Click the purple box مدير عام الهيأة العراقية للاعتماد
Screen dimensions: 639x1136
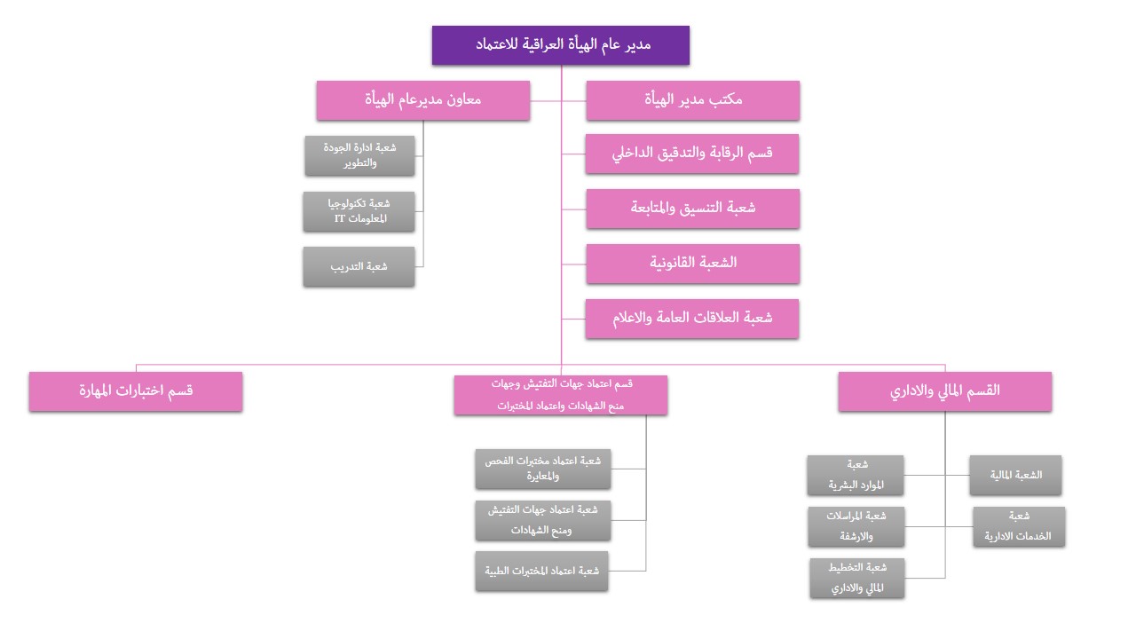[560, 44]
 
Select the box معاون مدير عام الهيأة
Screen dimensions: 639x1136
[422, 99]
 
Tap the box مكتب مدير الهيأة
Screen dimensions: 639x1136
[692, 99]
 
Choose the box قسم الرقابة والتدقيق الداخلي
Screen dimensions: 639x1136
[692, 153]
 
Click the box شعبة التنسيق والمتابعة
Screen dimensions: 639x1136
[692, 208]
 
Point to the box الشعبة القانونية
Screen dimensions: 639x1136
[692, 263]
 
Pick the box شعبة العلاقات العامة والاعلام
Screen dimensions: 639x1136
[692, 318]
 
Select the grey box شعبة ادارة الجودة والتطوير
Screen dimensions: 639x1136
[359, 155]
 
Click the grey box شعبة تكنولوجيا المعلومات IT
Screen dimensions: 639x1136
[359, 211]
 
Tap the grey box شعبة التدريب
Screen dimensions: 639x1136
[359, 266]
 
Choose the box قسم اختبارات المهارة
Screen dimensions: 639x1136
[135, 390]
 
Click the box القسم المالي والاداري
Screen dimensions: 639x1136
[944, 390]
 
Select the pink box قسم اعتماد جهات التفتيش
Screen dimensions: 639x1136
[560, 395]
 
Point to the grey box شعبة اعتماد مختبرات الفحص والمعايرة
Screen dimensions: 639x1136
[542, 469]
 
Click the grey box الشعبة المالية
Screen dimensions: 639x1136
[1014, 475]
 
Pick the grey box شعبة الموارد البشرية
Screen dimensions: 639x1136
[855, 475]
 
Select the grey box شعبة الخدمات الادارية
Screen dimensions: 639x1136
[1018, 526]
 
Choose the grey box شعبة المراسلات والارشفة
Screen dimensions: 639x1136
[856, 526]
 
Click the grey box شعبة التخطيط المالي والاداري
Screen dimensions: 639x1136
[856, 578]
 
